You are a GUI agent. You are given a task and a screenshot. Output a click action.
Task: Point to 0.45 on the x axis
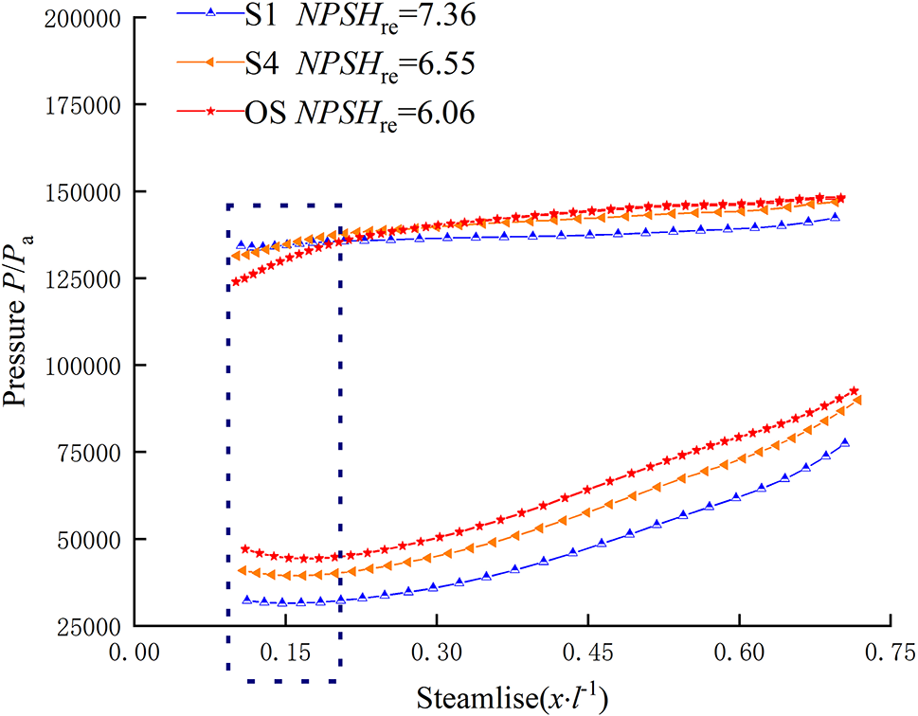tap(587, 654)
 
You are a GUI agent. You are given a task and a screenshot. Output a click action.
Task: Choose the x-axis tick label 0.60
tap(739, 654)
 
